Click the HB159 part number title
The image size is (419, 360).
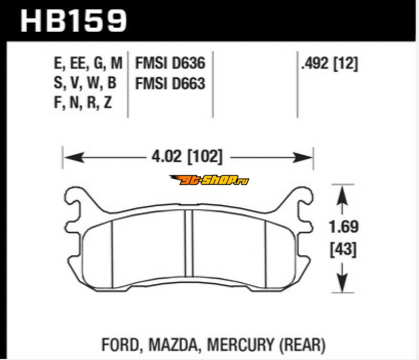(x=73, y=21)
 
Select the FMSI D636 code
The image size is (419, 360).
(x=170, y=63)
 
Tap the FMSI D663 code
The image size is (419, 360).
(x=170, y=83)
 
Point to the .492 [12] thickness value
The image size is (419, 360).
(x=329, y=64)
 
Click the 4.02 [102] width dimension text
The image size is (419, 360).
(x=187, y=156)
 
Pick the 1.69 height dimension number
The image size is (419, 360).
(x=344, y=227)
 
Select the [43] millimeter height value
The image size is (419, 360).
(x=344, y=250)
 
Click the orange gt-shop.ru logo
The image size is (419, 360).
(x=209, y=180)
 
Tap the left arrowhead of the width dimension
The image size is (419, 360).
(x=74, y=157)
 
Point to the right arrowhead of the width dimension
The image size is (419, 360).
(x=303, y=157)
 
